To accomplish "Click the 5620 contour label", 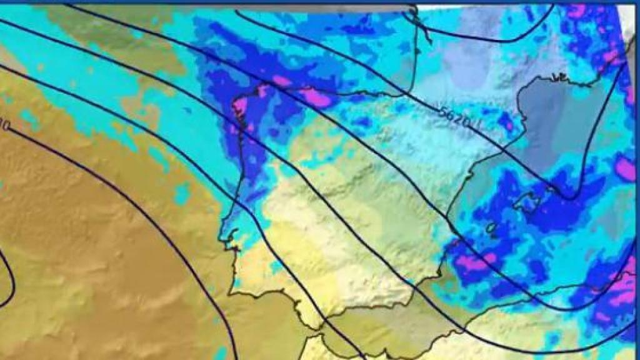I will pyautogui.click(x=454, y=116).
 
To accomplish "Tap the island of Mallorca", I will pyautogui.click(x=524, y=201).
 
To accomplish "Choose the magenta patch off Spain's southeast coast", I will pyautogui.click(x=471, y=262).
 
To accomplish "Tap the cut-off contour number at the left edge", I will pyautogui.click(x=4, y=126).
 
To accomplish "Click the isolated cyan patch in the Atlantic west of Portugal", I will pyautogui.click(x=182, y=194).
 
